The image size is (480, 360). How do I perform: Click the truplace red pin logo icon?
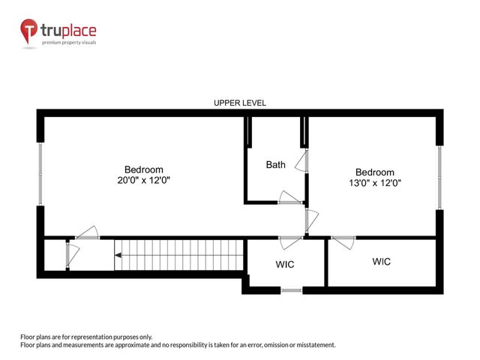29,31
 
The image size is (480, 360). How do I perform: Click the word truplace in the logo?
68,31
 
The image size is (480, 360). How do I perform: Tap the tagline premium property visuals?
68,43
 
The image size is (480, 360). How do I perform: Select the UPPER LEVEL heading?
240,103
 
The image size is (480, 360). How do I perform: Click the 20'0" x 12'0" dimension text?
143,181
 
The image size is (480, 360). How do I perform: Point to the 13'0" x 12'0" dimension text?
374,183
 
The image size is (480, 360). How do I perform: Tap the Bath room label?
275,164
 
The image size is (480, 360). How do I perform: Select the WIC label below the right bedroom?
382,262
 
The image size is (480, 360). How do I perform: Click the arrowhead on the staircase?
118,256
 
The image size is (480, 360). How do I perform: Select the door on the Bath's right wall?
302,161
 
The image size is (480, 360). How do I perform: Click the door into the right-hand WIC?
343,241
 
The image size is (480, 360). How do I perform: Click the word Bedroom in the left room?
143,169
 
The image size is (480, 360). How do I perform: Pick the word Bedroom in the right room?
374,172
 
